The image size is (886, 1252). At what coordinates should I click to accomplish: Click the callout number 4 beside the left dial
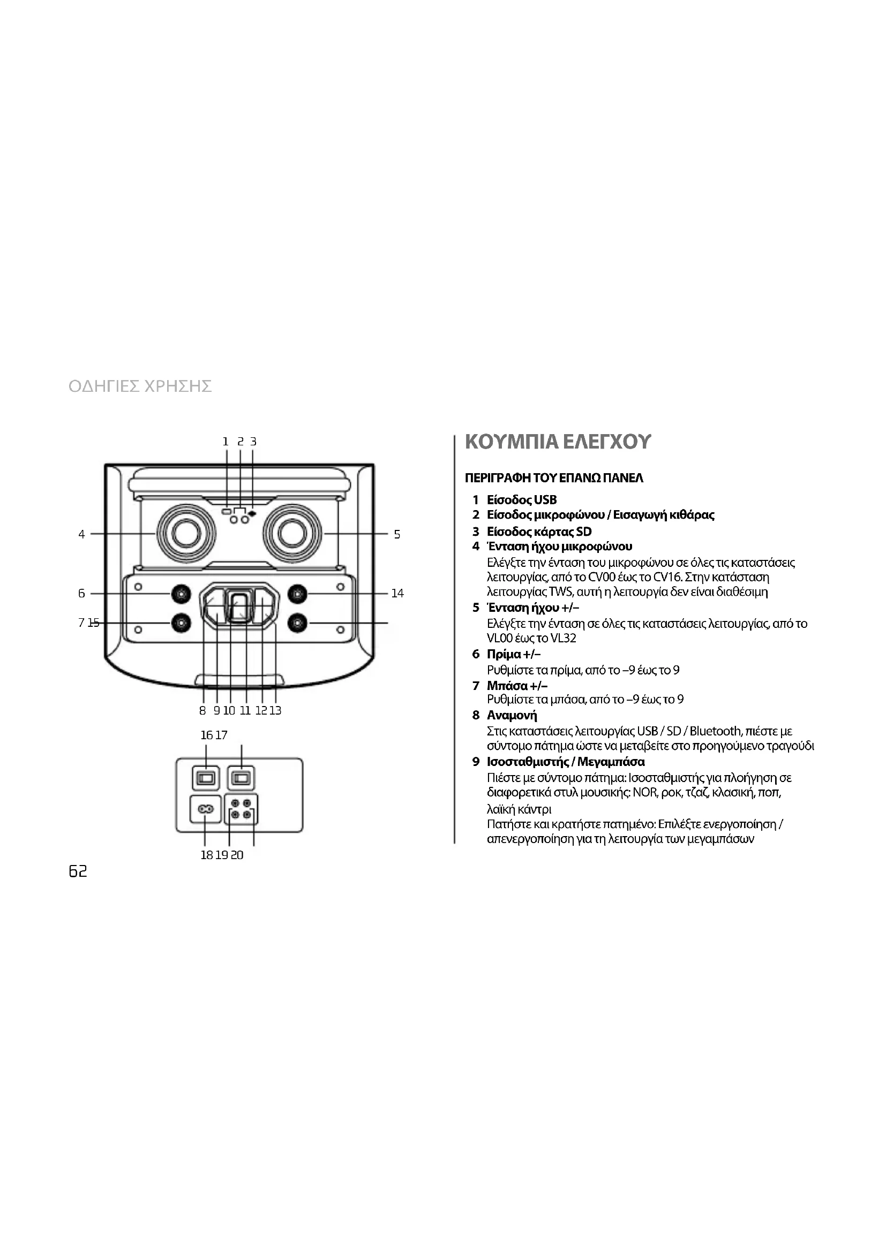pyautogui.click(x=81, y=534)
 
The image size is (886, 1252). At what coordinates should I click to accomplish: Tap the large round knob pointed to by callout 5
pyautogui.click(x=291, y=533)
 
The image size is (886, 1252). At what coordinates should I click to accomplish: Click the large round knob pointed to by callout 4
pyautogui.click(x=185, y=533)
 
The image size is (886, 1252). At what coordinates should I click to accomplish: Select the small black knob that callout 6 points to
pyautogui.click(x=181, y=593)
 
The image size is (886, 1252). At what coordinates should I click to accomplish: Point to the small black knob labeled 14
pyautogui.click(x=297, y=593)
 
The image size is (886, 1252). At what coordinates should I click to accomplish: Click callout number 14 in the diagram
pyautogui.click(x=397, y=593)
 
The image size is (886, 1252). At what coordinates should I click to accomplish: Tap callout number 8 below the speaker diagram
pyautogui.click(x=202, y=710)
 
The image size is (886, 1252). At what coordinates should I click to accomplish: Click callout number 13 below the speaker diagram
pyautogui.click(x=275, y=710)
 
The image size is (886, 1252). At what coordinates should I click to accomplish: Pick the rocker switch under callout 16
pyautogui.click(x=206, y=778)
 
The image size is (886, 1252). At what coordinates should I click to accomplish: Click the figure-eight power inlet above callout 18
pyautogui.click(x=205, y=809)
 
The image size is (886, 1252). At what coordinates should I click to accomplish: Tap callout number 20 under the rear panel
pyautogui.click(x=237, y=855)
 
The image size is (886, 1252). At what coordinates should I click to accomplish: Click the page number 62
pyautogui.click(x=78, y=871)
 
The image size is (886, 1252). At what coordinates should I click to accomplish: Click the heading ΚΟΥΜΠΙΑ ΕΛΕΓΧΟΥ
pyautogui.click(x=558, y=442)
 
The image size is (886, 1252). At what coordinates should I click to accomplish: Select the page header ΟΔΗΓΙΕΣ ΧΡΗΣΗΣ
pyautogui.click(x=140, y=386)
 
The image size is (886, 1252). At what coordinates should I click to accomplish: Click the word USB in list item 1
pyautogui.click(x=545, y=500)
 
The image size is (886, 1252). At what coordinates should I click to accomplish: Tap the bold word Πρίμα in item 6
pyautogui.click(x=504, y=654)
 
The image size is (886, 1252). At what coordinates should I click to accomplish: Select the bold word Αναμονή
pyautogui.click(x=512, y=716)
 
